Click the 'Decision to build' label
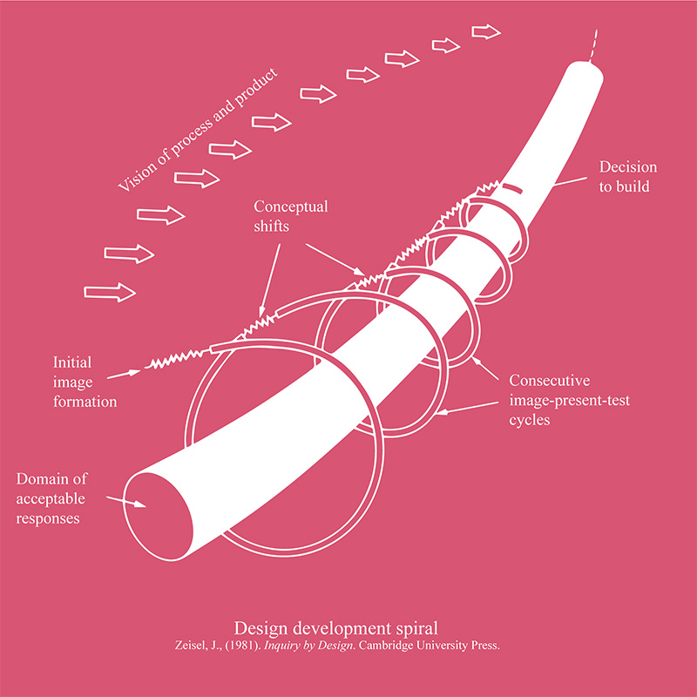point(628,176)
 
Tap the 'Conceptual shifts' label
point(291,216)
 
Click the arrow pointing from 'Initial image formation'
point(124,374)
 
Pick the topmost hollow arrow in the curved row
point(486,32)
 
